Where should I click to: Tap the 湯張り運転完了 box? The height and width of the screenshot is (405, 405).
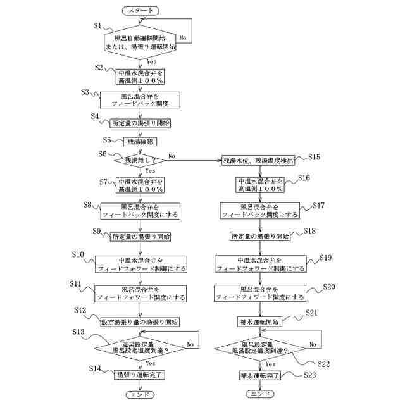click(140, 375)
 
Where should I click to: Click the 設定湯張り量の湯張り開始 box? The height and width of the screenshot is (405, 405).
click(140, 321)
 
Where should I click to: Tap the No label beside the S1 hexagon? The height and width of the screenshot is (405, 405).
click(183, 38)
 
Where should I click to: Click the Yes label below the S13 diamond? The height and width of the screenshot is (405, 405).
click(151, 363)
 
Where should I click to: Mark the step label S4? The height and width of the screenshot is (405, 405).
click(95, 116)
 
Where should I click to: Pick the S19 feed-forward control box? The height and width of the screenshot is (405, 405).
click(259, 265)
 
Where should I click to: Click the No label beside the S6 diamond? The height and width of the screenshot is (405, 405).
click(172, 156)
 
